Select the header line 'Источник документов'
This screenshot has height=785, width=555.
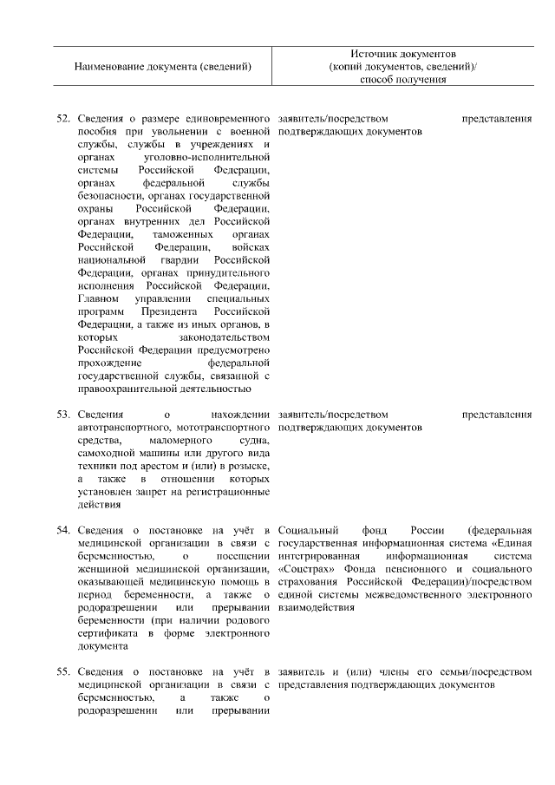tap(403, 54)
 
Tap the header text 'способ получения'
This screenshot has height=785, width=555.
tap(403, 80)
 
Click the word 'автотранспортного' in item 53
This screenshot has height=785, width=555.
tap(121, 428)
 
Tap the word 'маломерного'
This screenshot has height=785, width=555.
tap(183, 441)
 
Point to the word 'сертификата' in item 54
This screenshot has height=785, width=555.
tap(104, 634)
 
